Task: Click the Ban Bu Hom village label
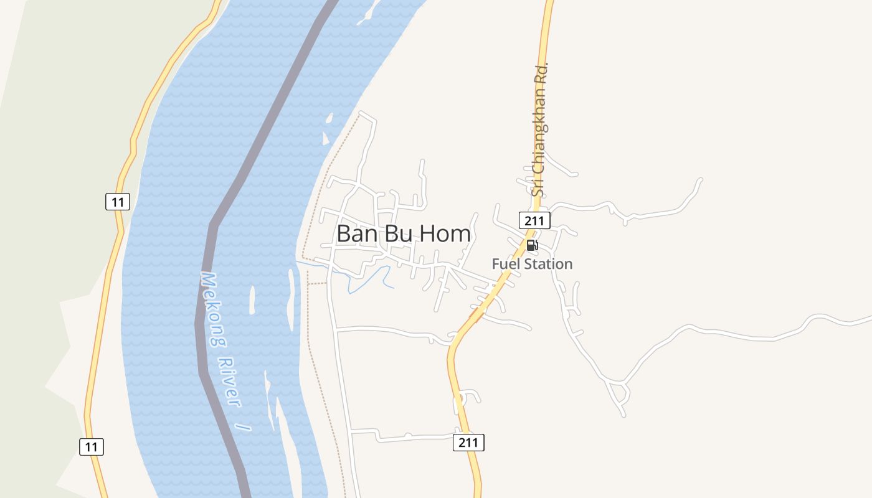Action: click(404, 233)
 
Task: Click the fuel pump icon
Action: click(532, 245)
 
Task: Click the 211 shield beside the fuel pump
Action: click(534, 220)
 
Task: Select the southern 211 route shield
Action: click(468, 443)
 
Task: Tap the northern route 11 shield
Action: click(117, 202)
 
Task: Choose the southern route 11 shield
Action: click(92, 446)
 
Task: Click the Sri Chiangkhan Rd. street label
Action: click(540, 129)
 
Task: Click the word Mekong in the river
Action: click(213, 309)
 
